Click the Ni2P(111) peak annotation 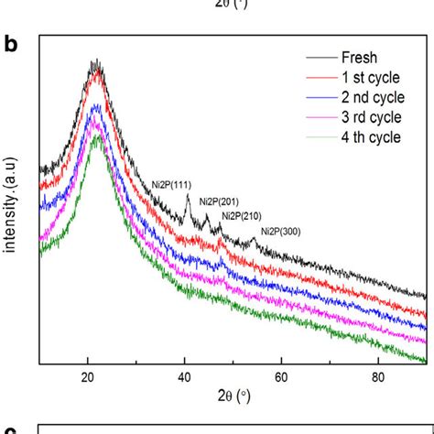click(x=171, y=184)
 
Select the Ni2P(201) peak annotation click(x=220, y=201)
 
